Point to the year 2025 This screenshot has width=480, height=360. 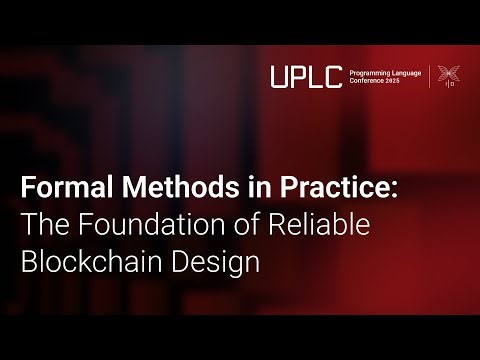click(399, 81)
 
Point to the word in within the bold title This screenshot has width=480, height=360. click(224, 189)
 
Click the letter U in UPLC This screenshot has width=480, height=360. click(280, 74)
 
